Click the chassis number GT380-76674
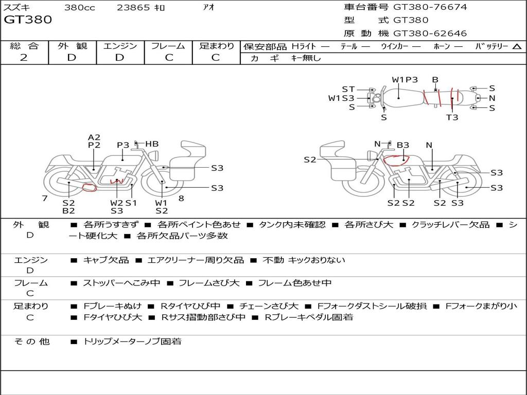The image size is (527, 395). tap(430, 7)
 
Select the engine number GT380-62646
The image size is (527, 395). tap(430, 33)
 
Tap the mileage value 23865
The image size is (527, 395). tap(133, 7)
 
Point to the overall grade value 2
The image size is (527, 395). tap(24, 58)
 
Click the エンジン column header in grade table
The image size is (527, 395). tap(120, 46)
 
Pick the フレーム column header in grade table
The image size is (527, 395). tap(168, 46)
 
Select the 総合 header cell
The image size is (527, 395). tap(24, 46)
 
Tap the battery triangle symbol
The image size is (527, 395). tap(517, 46)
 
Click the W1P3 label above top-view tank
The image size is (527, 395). tap(405, 80)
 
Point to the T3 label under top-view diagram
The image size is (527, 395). tap(452, 117)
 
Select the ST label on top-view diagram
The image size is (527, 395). tap(348, 89)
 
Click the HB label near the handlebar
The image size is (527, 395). tap(152, 144)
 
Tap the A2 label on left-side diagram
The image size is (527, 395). tap(94, 137)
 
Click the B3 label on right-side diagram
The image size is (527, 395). tap(402, 145)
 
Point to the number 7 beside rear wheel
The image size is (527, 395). tap(45, 198)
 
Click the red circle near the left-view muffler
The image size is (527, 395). tap(90, 188)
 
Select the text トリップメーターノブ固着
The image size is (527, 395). tap(132, 342)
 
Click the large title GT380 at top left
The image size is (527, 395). tap(28, 20)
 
